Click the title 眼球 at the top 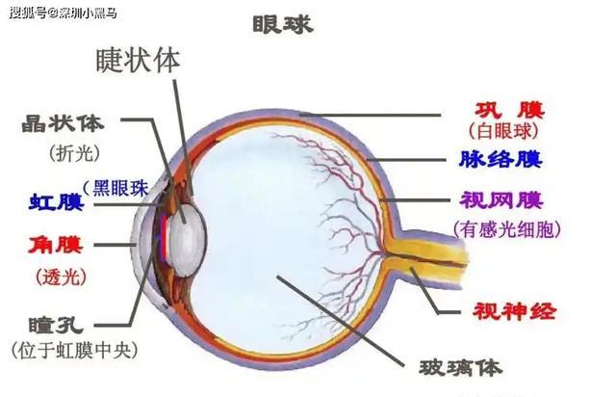click(x=282, y=24)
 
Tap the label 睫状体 click(x=138, y=60)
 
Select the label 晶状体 click(x=64, y=123)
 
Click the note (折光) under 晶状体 click(x=74, y=152)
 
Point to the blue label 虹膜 click(x=57, y=201)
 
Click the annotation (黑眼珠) click(x=116, y=188)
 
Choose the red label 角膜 click(x=56, y=245)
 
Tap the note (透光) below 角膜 click(x=62, y=277)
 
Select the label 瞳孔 click(x=56, y=325)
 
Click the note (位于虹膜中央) click(x=75, y=350)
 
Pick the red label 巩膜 click(x=510, y=110)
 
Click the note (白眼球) click(x=503, y=131)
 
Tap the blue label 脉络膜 click(x=500, y=159)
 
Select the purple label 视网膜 click(x=501, y=199)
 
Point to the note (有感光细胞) click(x=507, y=228)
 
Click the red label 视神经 click(x=514, y=311)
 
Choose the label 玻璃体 click(x=461, y=367)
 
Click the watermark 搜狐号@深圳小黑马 click(x=64, y=13)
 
